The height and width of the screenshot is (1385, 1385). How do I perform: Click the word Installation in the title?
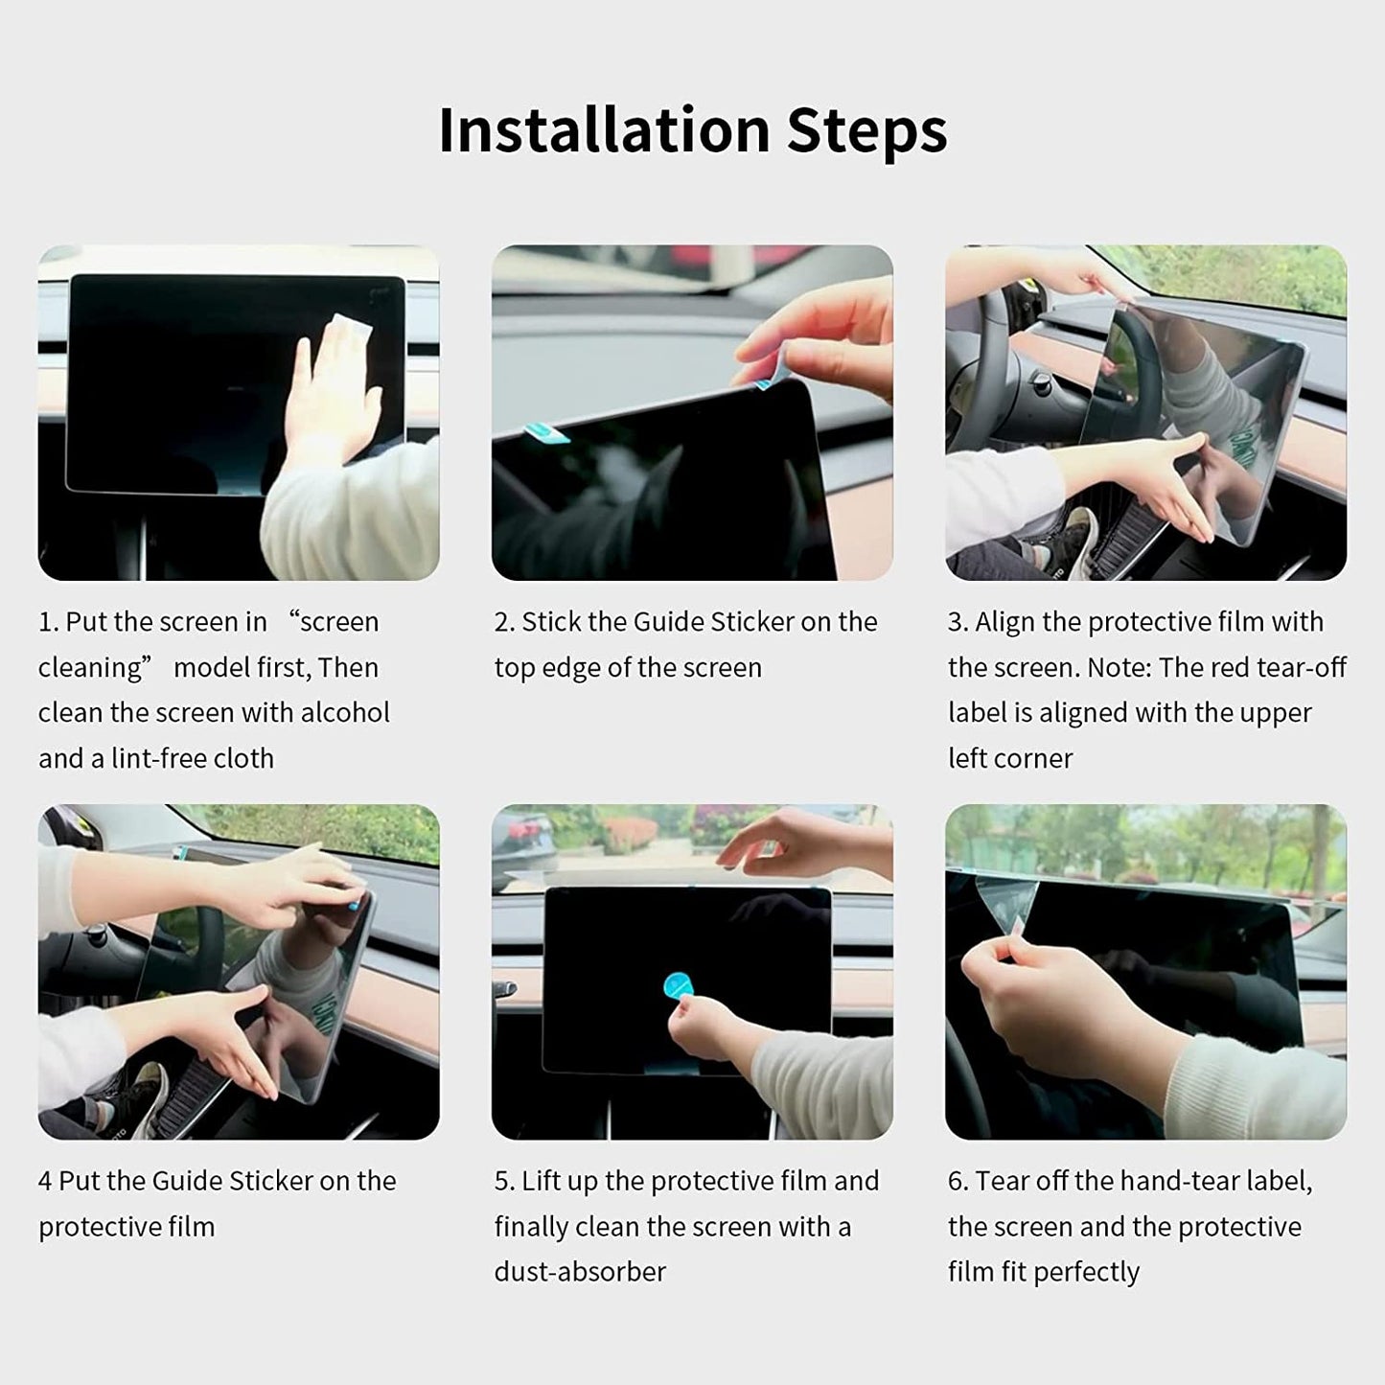(x=604, y=129)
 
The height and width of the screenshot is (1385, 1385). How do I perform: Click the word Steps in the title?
(x=866, y=129)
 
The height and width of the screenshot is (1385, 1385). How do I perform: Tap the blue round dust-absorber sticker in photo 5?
(x=679, y=985)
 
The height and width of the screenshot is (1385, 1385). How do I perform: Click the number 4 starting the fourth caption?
(x=45, y=1180)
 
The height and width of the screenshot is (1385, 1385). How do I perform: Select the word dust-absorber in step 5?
(x=580, y=1271)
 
